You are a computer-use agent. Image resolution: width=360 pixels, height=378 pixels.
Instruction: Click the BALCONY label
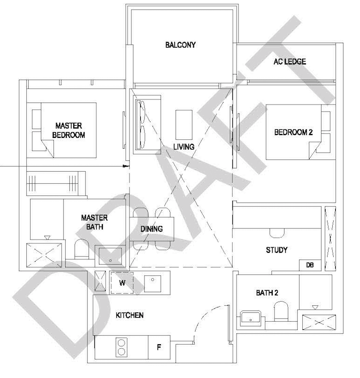click(180, 45)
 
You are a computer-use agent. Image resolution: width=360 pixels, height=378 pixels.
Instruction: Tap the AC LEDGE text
click(290, 61)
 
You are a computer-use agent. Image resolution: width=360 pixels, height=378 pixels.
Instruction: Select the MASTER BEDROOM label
click(69, 130)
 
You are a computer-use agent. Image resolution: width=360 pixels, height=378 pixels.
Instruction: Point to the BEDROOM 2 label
click(293, 132)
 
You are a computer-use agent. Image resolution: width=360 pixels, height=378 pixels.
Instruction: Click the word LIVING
click(184, 147)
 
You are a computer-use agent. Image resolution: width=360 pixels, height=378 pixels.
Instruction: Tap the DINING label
click(152, 229)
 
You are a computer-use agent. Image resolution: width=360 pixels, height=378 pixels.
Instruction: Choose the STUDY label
click(276, 250)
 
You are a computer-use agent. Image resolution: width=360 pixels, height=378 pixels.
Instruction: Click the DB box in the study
click(310, 265)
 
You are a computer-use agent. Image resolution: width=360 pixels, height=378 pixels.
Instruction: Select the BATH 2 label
click(267, 293)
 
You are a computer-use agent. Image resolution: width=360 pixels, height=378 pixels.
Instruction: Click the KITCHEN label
click(130, 315)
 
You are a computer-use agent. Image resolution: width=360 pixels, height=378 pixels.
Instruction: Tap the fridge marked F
click(159, 348)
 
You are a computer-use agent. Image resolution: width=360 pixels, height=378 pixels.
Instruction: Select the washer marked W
click(122, 282)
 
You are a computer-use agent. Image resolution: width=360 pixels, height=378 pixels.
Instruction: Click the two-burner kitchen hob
click(122, 348)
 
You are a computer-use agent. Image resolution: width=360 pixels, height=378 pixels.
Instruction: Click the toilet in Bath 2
click(281, 311)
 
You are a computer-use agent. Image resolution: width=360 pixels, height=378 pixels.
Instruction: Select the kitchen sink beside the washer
click(153, 282)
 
